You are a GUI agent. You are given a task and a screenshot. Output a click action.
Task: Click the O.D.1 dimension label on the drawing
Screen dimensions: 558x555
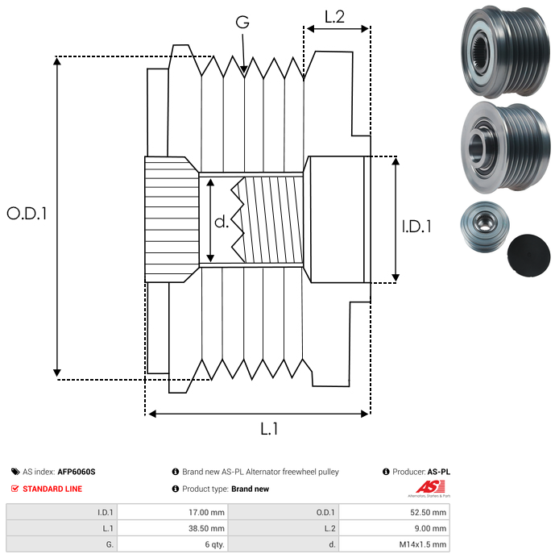27,214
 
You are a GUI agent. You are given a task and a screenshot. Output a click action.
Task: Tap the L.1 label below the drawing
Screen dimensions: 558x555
269,430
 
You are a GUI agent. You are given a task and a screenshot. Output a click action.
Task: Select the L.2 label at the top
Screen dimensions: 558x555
334,16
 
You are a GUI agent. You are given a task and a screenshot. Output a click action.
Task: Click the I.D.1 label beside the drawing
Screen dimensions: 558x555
416,227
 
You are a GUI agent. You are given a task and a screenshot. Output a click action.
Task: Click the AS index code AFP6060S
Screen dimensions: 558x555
81,472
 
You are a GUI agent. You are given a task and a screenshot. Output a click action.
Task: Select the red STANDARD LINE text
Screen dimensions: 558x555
52,489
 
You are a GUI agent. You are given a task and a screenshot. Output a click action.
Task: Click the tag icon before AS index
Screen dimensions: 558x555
15,472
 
